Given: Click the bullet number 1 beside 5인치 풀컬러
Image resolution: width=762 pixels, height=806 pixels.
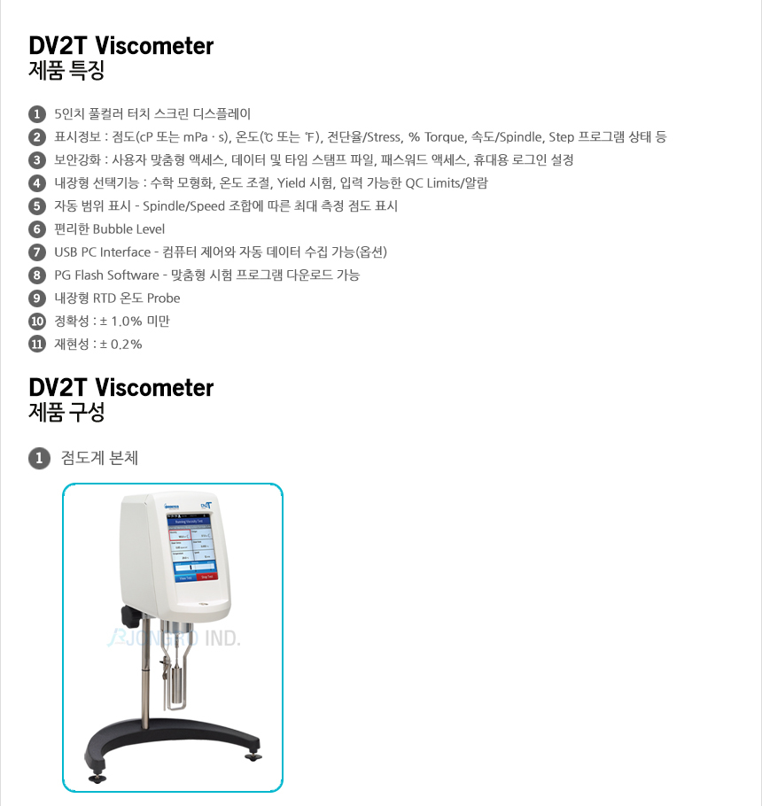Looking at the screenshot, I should point(36,114).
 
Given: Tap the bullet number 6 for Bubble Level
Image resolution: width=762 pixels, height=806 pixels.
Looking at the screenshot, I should point(36,229).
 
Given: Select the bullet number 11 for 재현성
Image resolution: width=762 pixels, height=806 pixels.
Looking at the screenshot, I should point(36,345).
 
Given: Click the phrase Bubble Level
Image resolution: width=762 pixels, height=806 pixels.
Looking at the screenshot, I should point(128,229).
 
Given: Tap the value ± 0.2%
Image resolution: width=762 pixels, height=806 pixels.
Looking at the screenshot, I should point(121,345).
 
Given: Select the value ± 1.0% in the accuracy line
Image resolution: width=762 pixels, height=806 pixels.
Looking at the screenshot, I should point(121,322).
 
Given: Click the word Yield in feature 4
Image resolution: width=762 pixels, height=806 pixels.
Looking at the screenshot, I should point(292,183).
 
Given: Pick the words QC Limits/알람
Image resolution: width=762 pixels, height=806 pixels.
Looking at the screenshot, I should point(447,183).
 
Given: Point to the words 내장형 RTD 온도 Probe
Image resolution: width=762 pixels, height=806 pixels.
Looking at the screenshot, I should point(117,298).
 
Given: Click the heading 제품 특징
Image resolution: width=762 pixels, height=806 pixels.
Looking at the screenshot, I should point(67,72).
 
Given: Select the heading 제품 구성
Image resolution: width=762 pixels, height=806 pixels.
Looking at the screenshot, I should point(67,414).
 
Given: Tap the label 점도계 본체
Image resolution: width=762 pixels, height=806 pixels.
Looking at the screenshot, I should point(99,459).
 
